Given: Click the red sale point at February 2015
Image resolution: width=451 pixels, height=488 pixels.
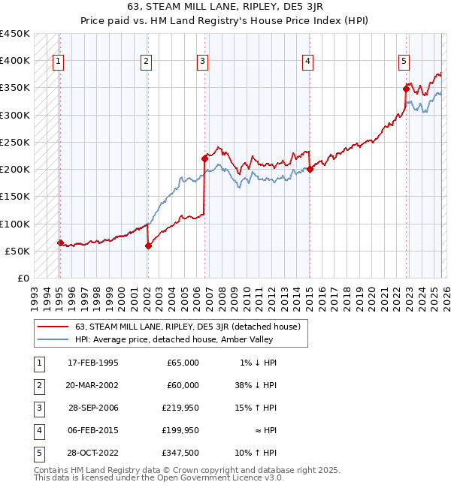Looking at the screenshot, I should click(310, 170).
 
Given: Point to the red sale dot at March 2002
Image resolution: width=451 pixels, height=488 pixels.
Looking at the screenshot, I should click(148, 246).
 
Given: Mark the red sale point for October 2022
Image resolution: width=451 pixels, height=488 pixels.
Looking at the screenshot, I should click(406, 89).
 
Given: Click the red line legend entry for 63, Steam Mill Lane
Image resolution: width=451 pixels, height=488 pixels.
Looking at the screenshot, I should click(188, 327).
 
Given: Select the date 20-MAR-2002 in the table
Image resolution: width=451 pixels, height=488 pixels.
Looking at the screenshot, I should click(92, 385).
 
